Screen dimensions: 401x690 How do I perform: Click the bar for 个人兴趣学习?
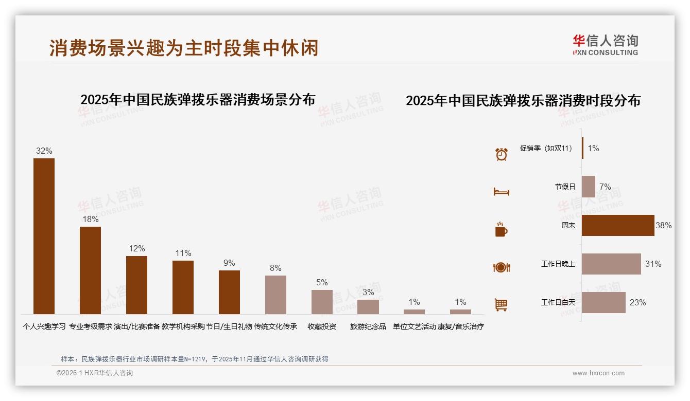(x=44, y=236)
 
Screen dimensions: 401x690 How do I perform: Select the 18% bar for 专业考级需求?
(x=90, y=270)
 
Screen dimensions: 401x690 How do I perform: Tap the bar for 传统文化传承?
(x=275, y=295)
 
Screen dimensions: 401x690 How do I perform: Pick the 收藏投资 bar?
(x=322, y=302)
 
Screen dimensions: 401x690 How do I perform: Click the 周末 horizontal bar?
(x=618, y=225)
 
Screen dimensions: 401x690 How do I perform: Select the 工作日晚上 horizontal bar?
(x=611, y=264)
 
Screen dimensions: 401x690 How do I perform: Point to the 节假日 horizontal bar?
(x=589, y=187)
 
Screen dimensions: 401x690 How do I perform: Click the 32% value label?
(x=44, y=151)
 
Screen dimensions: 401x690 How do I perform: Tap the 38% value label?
(x=663, y=225)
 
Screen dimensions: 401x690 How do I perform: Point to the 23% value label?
(x=637, y=302)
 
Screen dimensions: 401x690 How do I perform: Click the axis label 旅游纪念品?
(x=368, y=326)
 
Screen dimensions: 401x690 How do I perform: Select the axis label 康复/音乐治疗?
(x=460, y=326)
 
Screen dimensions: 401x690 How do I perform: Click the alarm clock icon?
(x=501, y=154)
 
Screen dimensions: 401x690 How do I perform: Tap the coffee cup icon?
(x=501, y=229)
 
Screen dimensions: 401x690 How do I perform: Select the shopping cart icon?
(x=501, y=305)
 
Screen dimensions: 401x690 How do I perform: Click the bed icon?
(x=501, y=192)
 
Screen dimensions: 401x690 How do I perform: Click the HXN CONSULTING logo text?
(x=605, y=52)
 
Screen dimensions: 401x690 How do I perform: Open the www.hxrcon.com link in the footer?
(x=598, y=373)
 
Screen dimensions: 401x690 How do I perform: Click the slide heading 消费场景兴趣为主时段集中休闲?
(x=184, y=48)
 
